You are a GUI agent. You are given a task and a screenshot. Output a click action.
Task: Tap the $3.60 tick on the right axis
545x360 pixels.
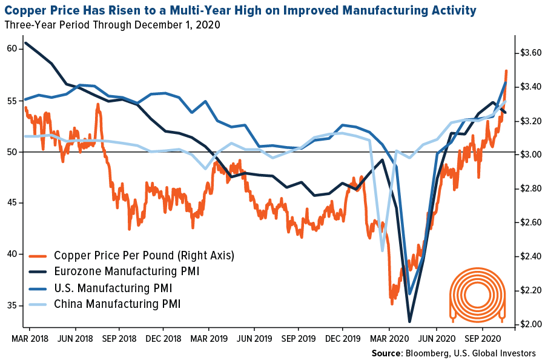click(529, 53)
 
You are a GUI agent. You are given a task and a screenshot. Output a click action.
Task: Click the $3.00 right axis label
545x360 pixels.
click(529, 155)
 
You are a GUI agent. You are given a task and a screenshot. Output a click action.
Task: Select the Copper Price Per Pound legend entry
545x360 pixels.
click(144, 255)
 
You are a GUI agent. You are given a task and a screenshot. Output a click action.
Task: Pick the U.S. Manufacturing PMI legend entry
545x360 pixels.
click(113, 287)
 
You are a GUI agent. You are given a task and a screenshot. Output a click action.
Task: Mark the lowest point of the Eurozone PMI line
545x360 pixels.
click(409, 322)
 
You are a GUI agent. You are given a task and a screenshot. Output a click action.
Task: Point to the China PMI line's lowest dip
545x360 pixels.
click(382, 250)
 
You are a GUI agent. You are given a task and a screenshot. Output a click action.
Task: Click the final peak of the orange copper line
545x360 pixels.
click(506, 71)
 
